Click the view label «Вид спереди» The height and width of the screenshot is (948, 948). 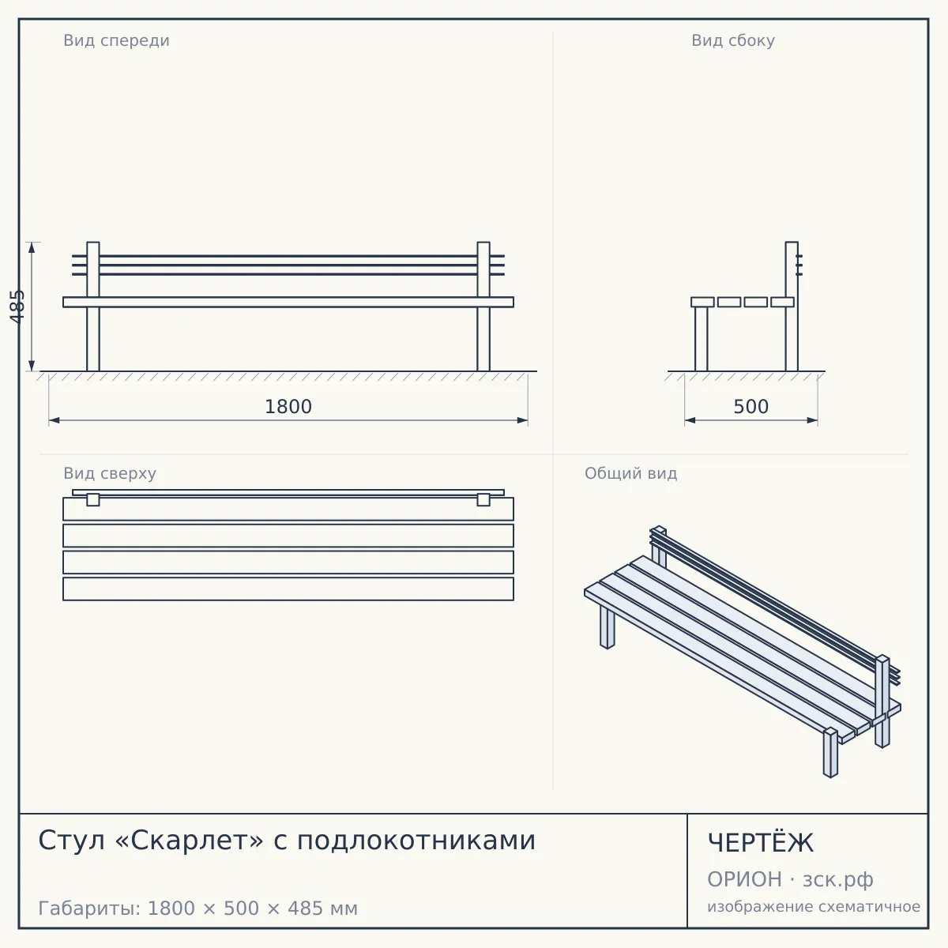(x=117, y=40)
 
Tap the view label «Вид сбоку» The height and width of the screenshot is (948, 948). (x=732, y=40)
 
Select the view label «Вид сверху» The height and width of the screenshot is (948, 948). (x=110, y=473)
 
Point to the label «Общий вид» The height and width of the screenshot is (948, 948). (x=630, y=473)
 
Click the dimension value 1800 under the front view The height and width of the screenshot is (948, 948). (x=288, y=407)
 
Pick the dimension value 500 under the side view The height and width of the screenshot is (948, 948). (x=750, y=407)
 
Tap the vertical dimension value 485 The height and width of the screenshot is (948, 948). (x=17, y=307)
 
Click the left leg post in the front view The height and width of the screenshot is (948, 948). (x=93, y=307)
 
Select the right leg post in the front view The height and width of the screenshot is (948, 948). (x=483, y=307)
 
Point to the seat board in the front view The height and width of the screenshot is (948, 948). (x=288, y=302)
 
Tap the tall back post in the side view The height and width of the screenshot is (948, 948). (x=792, y=307)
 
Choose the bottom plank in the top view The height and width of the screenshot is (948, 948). (x=288, y=589)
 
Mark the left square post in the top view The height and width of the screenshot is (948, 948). (x=93, y=500)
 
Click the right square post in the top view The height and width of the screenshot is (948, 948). (x=483, y=500)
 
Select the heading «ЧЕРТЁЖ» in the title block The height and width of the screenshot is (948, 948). (x=760, y=843)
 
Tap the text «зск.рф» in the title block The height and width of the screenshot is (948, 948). (x=838, y=879)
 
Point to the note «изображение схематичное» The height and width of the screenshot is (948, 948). (x=814, y=906)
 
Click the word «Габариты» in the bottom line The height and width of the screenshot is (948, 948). (x=89, y=908)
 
